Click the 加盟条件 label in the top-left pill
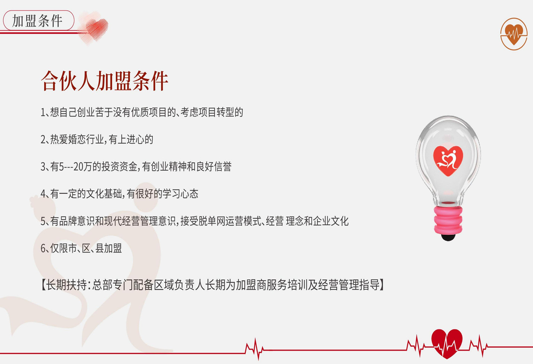point(37,21)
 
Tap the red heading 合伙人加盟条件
point(104,81)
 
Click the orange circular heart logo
point(514,34)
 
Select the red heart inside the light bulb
point(448,161)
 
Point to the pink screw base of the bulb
point(448,220)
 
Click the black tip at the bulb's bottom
point(448,237)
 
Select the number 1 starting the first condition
point(43,113)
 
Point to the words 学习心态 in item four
point(180,194)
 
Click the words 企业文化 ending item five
point(331,221)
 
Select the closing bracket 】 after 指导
point(382,285)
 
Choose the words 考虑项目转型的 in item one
point(212,113)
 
